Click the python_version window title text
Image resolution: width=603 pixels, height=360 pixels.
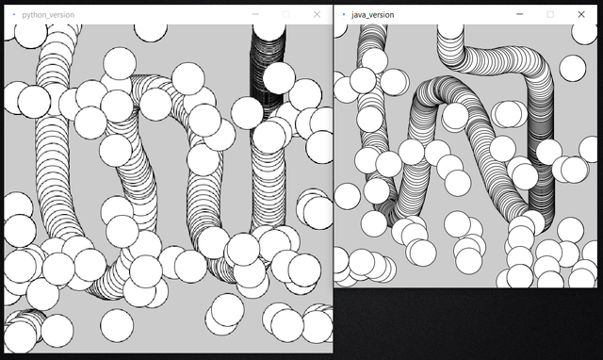[48, 15]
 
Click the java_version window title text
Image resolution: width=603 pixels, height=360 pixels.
[373, 15]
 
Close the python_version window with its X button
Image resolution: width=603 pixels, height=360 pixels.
[317, 15]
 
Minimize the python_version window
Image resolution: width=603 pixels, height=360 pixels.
[255, 14]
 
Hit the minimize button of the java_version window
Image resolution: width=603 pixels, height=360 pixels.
[519, 14]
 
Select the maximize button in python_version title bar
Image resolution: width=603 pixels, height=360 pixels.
[285, 15]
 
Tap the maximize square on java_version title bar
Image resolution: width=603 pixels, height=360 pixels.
[550, 15]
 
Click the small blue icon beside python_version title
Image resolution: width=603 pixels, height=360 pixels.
[14, 15]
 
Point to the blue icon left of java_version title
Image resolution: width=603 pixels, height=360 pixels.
[343, 15]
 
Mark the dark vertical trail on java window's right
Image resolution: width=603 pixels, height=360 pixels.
[541, 154]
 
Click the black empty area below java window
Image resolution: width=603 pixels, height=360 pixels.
[467, 323]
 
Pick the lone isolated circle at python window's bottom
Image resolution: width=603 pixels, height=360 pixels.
[117, 326]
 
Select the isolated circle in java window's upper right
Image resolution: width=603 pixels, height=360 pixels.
[573, 68]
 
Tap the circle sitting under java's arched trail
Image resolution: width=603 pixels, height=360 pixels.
[455, 116]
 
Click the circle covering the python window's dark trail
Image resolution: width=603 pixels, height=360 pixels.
[279, 78]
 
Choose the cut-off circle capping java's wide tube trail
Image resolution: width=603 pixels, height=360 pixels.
[450, 31]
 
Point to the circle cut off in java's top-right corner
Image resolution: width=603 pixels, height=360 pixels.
[584, 34]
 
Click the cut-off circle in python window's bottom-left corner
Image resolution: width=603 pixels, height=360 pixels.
[19, 336]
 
